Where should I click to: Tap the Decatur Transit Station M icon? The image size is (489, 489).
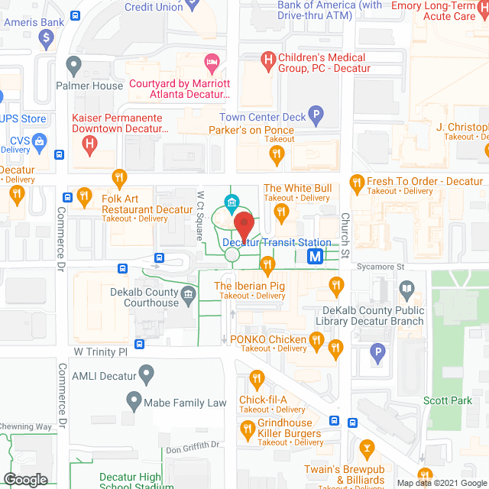[x=315, y=257]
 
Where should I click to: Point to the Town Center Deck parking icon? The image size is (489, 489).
[x=316, y=116]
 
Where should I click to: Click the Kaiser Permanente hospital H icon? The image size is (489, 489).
[x=90, y=141]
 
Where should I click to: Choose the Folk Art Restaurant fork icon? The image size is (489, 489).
[x=119, y=179]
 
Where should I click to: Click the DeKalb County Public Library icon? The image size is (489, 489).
[x=406, y=289]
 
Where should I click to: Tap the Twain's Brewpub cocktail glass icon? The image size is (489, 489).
[x=367, y=448]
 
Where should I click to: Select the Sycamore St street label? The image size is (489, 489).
[x=384, y=267]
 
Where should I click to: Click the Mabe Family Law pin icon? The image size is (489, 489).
[x=134, y=400]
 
